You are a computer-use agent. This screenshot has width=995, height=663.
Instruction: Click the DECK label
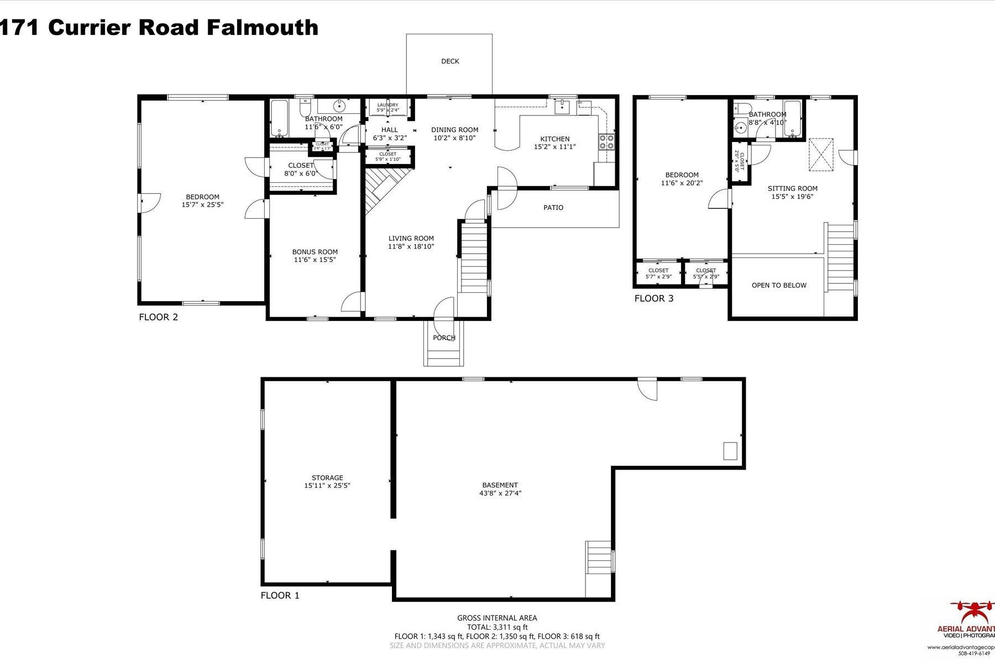coord(450,61)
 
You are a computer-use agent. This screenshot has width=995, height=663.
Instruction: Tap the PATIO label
coord(553,208)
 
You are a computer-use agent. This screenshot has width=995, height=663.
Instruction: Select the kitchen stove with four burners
coord(606,141)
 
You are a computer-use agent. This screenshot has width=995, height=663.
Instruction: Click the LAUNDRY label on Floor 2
coord(387,105)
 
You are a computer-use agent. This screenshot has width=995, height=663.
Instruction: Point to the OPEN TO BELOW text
coord(779,286)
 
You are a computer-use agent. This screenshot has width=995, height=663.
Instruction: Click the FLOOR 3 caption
coord(654,299)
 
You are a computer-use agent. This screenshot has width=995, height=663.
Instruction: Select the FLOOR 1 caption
coord(280,596)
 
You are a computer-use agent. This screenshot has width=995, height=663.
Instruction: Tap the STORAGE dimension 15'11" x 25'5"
coord(327,486)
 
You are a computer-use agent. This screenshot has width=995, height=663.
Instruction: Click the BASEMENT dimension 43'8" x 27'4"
coord(500,493)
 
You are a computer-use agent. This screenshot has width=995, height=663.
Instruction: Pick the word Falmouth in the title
coord(263,27)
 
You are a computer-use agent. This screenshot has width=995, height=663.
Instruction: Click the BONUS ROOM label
coord(315,252)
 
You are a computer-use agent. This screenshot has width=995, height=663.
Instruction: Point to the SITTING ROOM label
coord(792,188)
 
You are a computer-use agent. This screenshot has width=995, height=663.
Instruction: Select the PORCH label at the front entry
coord(444,338)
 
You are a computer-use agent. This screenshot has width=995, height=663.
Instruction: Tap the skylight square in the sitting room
coord(821,154)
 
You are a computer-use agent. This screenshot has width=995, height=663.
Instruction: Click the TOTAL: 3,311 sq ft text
coord(497,627)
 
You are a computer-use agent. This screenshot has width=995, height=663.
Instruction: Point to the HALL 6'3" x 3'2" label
coord(390,134)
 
